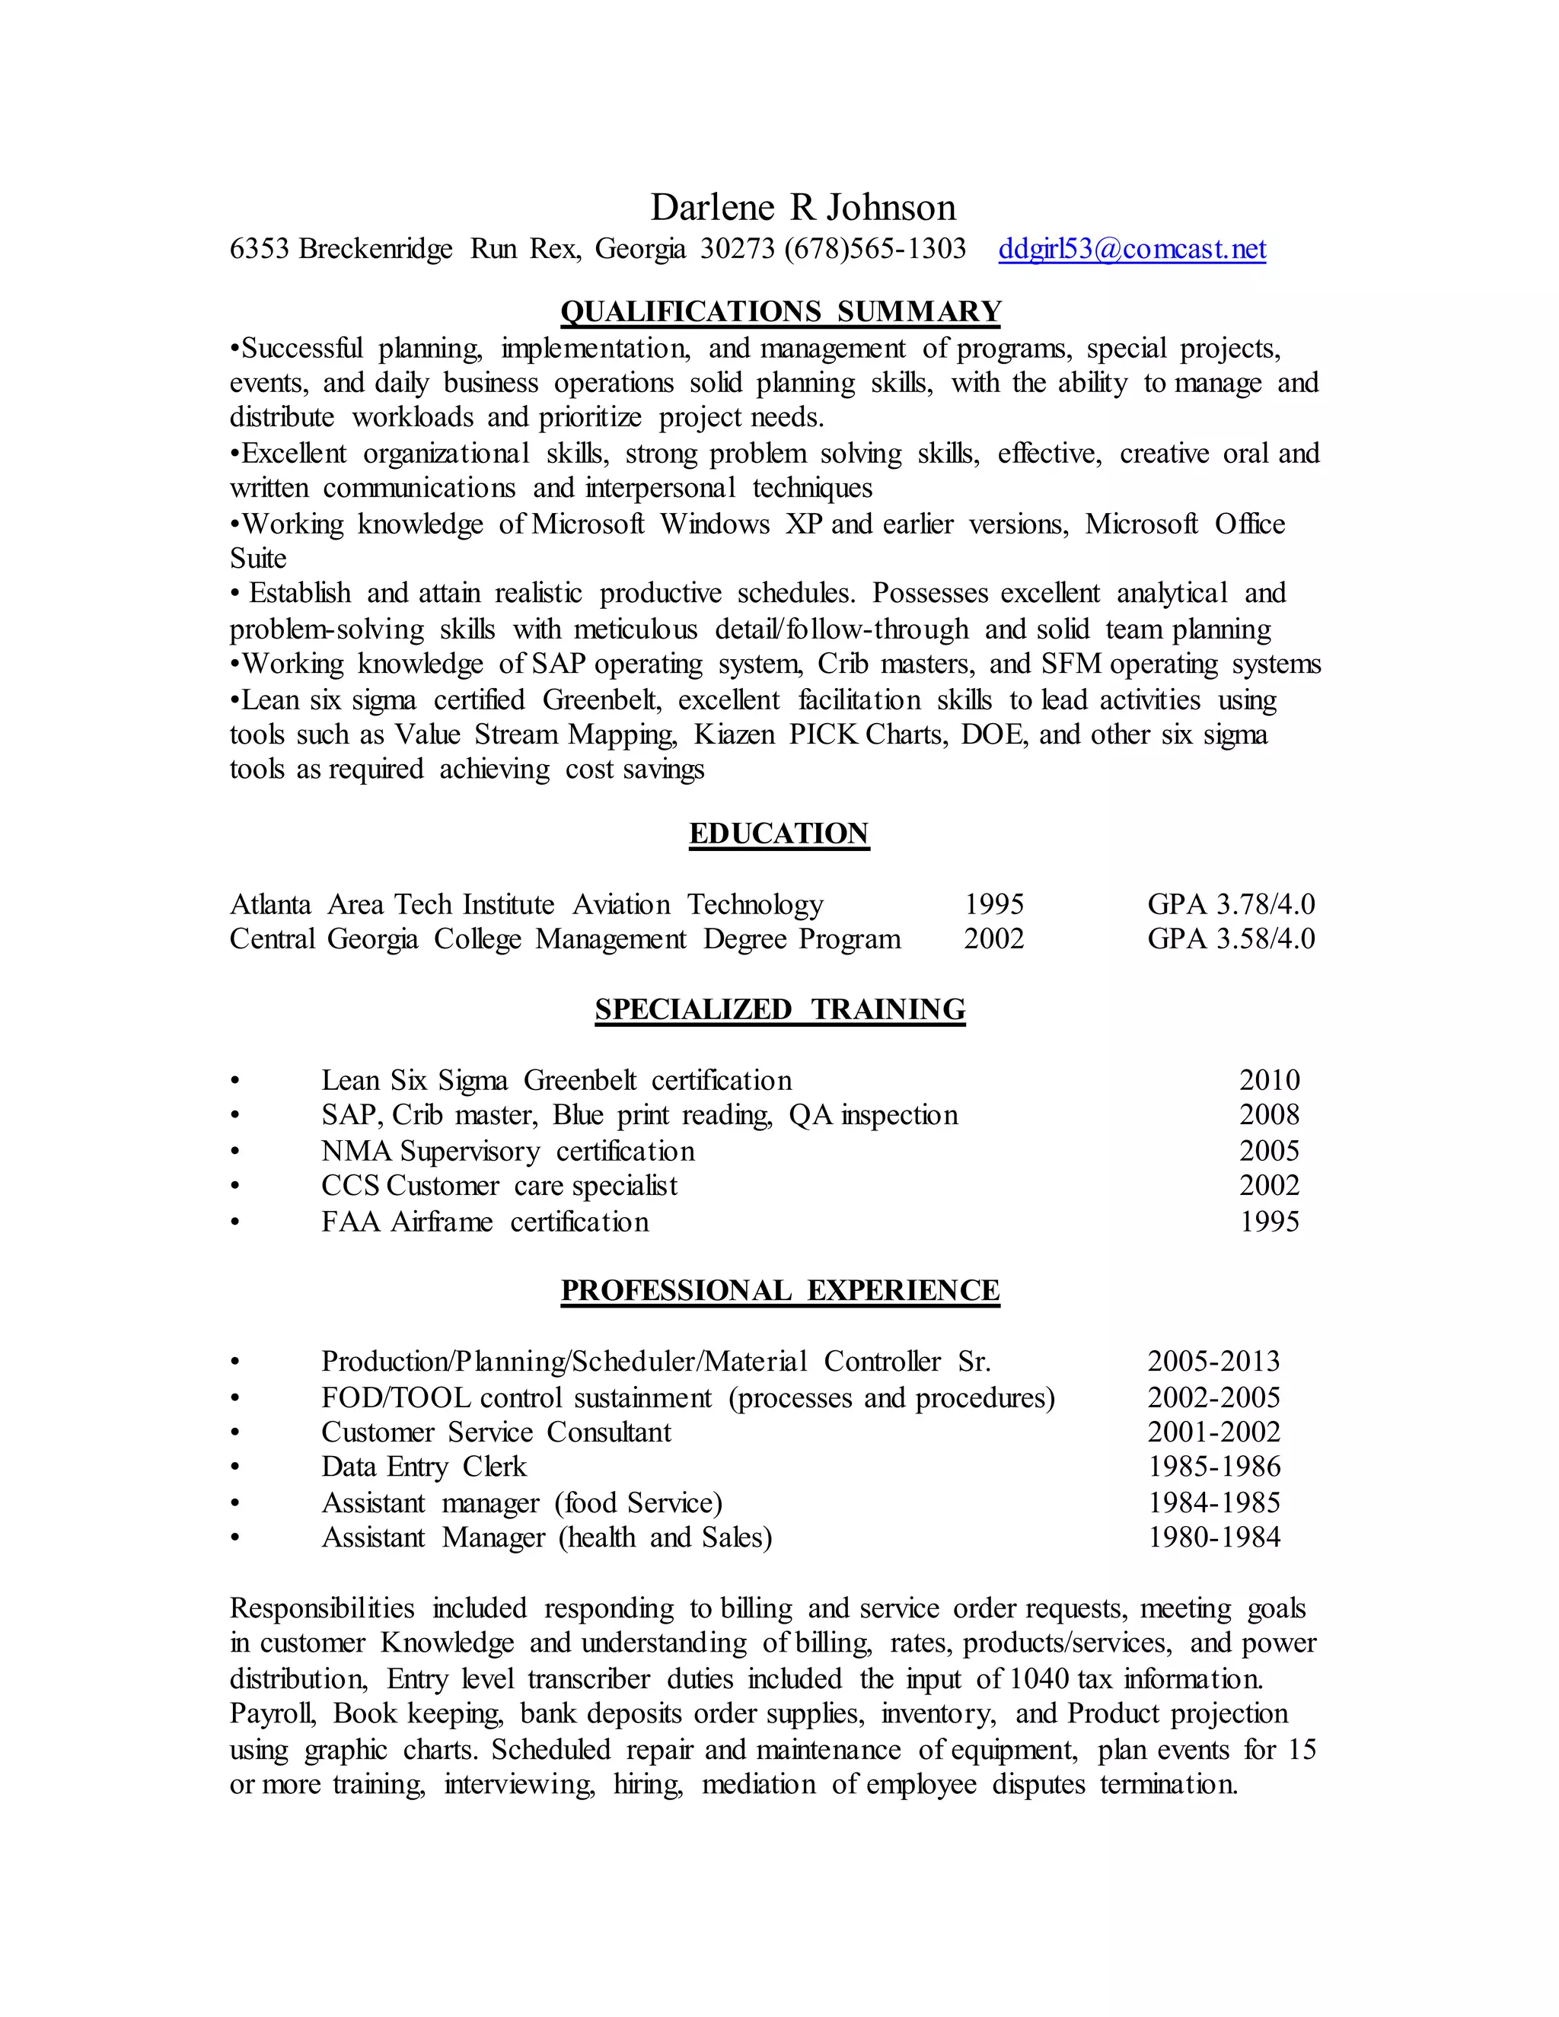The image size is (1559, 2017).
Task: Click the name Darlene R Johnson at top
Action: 802,208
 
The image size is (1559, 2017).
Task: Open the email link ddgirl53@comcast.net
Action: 1131,250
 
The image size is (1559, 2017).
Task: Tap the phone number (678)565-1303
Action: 875,250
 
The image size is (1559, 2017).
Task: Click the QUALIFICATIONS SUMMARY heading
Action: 780,312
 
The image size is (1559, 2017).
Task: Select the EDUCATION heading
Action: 779,834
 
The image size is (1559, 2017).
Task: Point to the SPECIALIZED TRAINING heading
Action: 779,1009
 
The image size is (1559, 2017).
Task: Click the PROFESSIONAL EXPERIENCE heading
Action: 779,1291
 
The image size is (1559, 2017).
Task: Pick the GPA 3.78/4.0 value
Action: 1230,905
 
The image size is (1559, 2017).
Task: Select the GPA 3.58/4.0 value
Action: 1230,939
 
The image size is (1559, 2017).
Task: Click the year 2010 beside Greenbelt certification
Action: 1269,1081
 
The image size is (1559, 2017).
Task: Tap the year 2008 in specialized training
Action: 1269,1116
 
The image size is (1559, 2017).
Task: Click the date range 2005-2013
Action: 1213,1362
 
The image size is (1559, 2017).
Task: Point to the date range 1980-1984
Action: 1213,1537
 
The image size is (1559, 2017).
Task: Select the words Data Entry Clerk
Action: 423,1467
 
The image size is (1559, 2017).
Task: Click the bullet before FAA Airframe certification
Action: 235,1223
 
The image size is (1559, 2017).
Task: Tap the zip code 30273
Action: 737,250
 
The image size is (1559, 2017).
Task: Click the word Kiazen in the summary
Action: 735,735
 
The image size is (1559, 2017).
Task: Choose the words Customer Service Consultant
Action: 496,1432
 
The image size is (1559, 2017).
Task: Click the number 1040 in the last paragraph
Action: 1039,1679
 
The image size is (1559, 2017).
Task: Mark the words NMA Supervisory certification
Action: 507,1152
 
